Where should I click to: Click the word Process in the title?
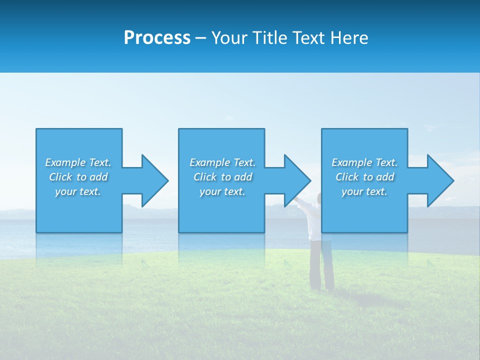157,38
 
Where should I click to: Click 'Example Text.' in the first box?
78,162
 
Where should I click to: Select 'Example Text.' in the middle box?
222,162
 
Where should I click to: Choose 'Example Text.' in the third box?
364,162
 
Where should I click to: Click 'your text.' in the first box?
78,191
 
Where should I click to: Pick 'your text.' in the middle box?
222,191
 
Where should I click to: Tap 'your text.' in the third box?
364,191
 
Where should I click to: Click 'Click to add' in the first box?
78,177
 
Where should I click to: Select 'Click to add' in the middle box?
222,177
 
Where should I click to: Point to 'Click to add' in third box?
364,177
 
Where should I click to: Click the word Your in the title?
229,38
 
